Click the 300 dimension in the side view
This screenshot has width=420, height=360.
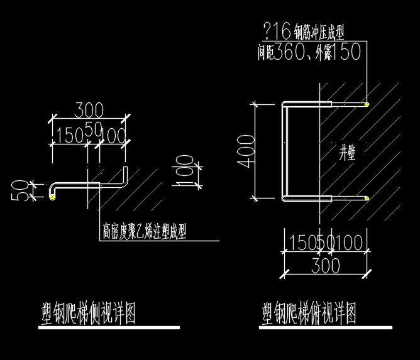[x=89, y=110]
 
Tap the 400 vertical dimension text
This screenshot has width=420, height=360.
[x=247, y=151]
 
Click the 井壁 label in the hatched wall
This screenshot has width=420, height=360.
[x=347, y=153]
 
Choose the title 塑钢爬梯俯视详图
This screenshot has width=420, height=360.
[x=309, y=312]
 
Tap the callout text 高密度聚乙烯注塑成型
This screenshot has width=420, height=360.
[x=144, y=232]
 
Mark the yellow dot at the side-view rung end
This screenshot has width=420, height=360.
[x=52, y=198]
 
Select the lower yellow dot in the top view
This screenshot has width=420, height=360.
[x=367, y=199]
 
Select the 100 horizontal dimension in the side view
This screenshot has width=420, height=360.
[x=113, y=134]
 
